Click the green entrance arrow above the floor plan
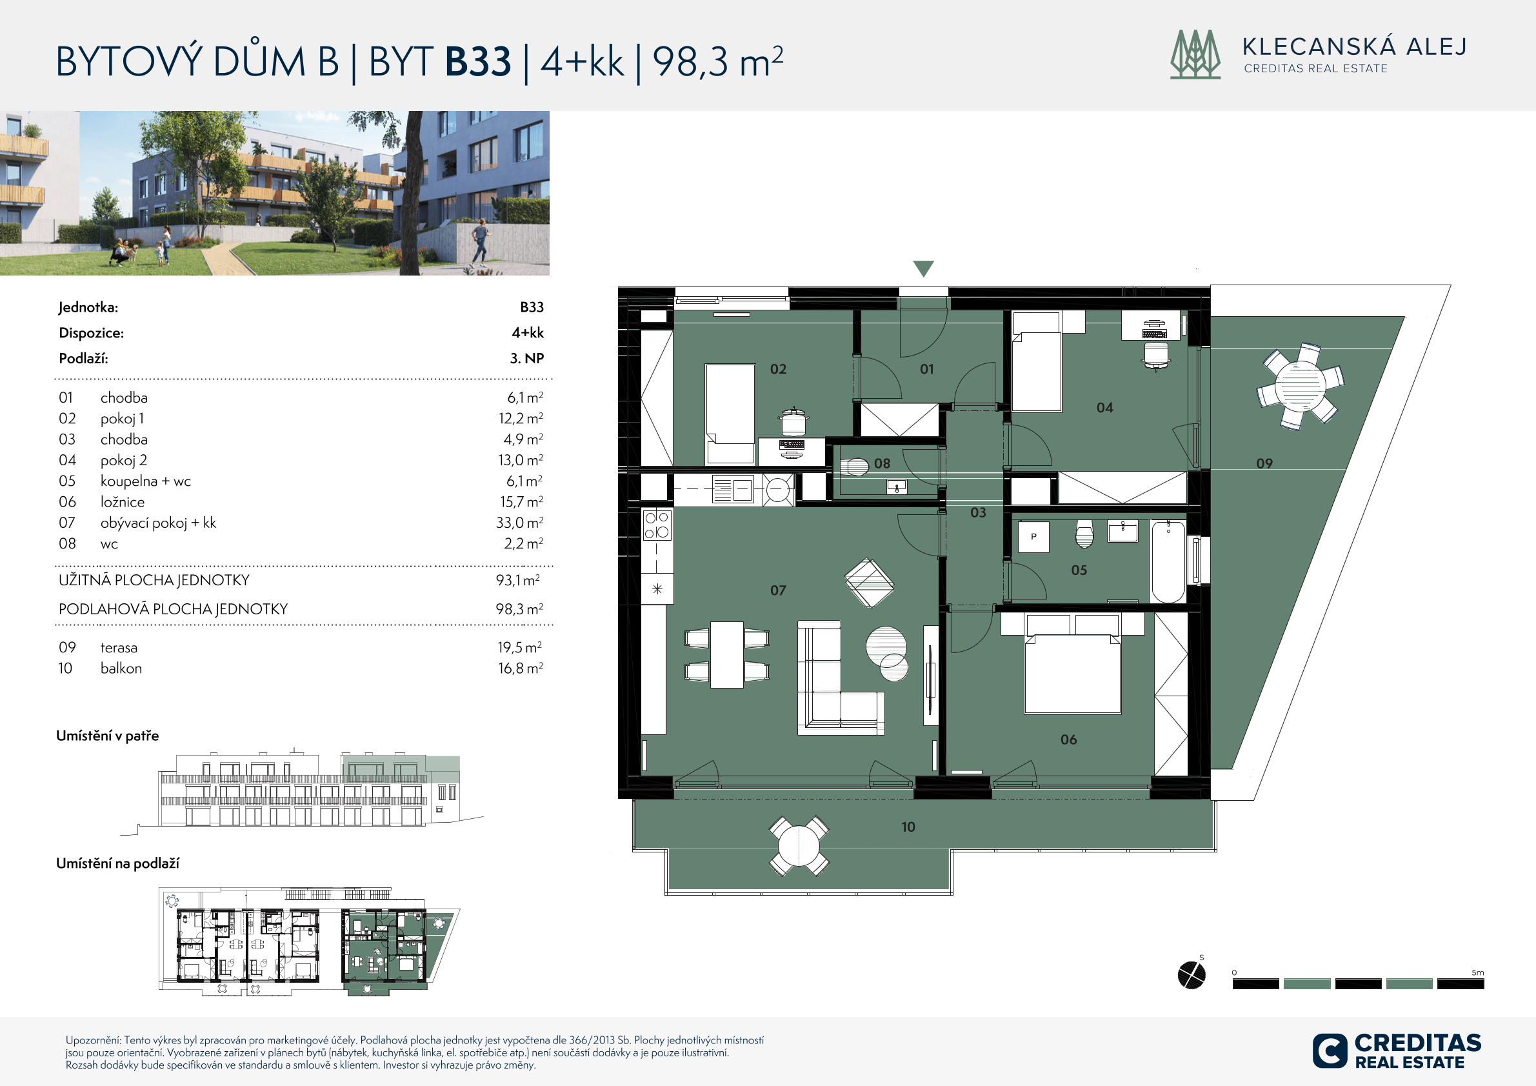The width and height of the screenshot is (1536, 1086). coord(924,268)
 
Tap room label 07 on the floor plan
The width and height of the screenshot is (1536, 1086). coord(777,590)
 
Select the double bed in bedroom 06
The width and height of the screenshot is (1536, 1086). coord(1072,672)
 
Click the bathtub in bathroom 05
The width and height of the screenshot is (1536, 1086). coord(1168,562)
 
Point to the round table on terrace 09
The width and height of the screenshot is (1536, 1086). coord(1300,386)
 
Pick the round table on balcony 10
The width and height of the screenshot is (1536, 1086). coord(799,846)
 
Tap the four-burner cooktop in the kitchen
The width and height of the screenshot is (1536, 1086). coord(656,525)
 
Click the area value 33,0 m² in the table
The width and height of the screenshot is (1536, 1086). coord(519,523)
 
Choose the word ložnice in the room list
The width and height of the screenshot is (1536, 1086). coord(123,502)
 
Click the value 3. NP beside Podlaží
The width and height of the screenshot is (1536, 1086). coord(527,358)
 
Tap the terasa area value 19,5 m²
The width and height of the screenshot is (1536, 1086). coord(520,647)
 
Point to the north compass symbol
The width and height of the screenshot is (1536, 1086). coord(1192,974)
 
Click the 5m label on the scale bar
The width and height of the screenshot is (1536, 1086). coord(1478,972)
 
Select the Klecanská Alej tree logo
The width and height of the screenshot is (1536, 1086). coord(1195,54)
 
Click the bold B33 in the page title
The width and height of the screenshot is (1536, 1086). coord(477,61)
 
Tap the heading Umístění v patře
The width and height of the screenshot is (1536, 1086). coord(108,736)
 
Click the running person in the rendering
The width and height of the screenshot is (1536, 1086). coord(480,243)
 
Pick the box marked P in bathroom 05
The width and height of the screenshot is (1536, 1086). coord(1033,537)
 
